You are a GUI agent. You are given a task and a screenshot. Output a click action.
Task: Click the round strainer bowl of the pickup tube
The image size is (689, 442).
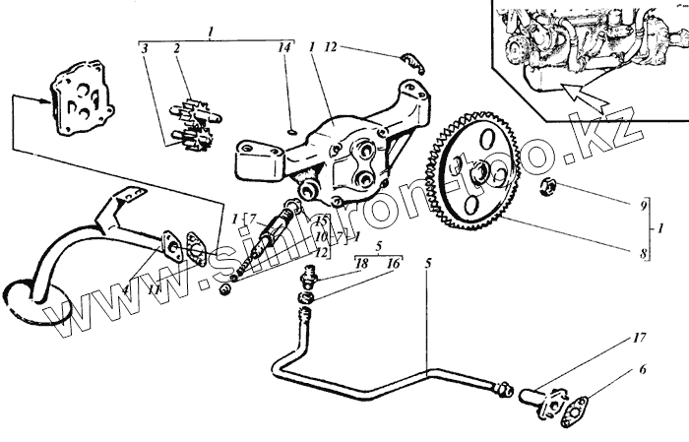[28, 296]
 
